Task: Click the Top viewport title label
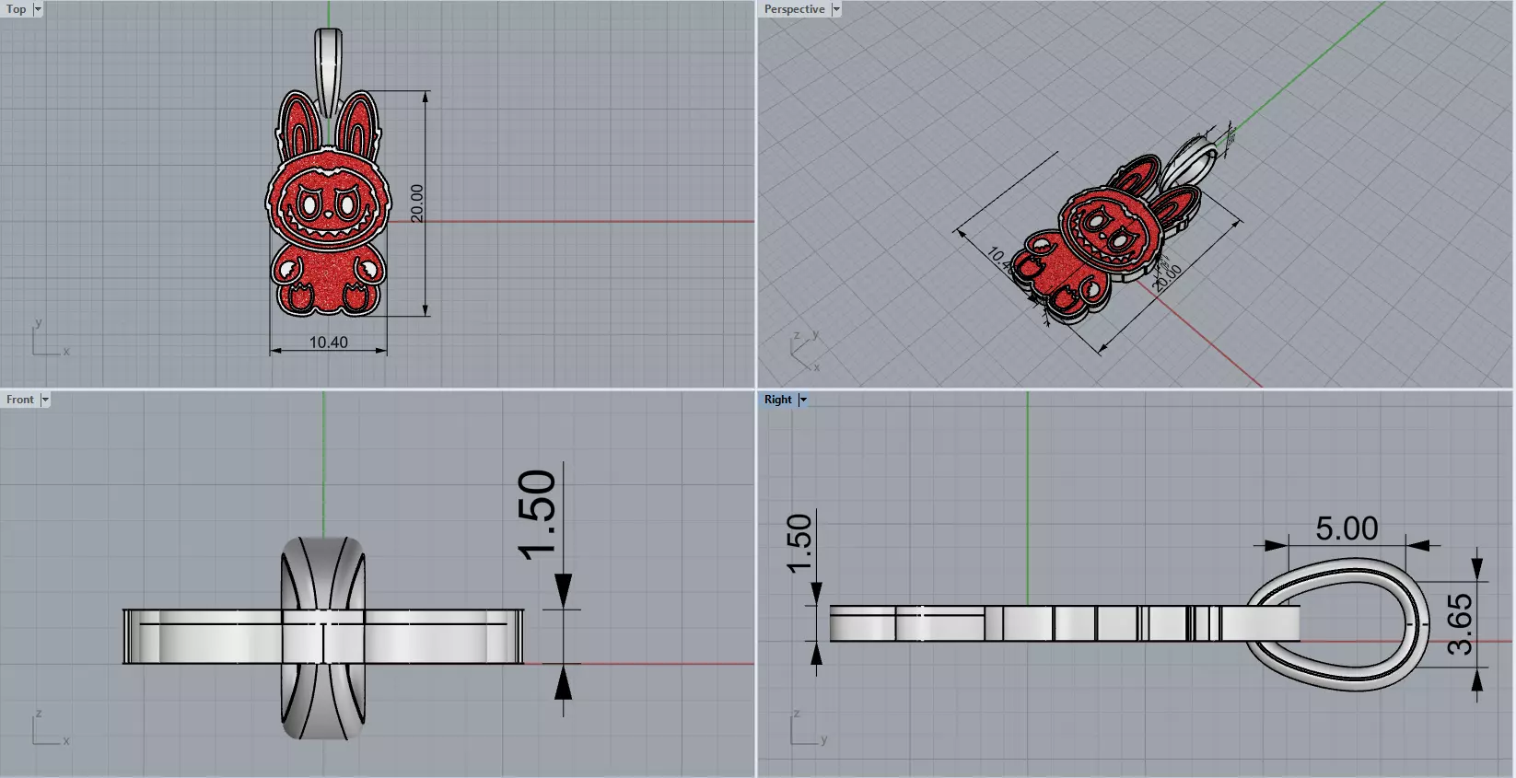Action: (17, 9)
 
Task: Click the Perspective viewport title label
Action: (794, 9)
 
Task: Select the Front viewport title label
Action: (19, 400)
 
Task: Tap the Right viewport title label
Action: (777, 400)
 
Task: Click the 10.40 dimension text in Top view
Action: (328, 343)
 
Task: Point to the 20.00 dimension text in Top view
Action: (417, 203)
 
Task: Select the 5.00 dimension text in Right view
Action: (1347, 528)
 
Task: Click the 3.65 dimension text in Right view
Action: (1460, 624)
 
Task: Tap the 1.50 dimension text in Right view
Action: (799, 542)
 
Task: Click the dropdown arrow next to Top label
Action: (38, 9)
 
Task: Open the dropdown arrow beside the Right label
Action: (803, 400)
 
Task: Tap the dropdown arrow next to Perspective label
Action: (836, 9)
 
